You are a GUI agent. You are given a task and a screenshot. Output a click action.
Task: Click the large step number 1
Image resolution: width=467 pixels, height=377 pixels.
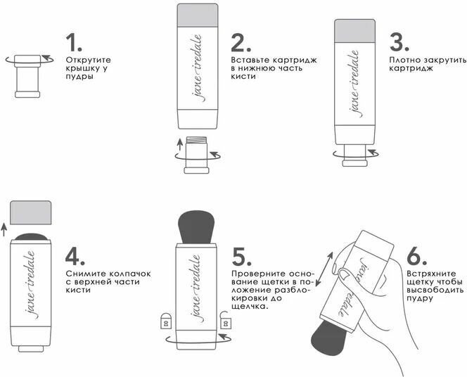(x=73, y=42)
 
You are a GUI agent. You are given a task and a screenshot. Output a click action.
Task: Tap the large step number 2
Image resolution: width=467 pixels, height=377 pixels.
(x=241, y=42)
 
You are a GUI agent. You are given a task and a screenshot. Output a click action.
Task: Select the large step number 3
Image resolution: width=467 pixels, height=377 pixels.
(x=399, y=42)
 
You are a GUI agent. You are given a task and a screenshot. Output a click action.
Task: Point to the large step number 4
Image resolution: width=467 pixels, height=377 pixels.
(x=75, y=256)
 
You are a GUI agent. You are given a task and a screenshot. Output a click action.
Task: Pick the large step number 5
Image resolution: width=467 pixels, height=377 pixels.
(x=241, y=256)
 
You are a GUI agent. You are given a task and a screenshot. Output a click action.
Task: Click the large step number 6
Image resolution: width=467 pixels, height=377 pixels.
(x=416, y=256)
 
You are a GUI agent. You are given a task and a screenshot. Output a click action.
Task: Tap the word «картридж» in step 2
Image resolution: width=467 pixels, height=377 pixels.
(x=295, y=60)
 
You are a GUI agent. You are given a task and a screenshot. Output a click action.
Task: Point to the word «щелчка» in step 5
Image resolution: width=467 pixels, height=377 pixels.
(x=249, y=307)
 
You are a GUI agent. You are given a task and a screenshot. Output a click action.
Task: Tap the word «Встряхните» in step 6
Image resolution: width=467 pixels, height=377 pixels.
(x=431, y=274)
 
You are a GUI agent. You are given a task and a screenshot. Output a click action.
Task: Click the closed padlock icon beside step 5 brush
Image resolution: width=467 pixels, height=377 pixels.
(x=166, y=321)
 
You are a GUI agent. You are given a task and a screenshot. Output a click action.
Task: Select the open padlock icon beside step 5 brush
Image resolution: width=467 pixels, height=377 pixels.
(x=226, y=320)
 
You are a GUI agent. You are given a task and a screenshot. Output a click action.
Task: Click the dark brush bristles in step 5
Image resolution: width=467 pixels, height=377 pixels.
(x=196, y=227)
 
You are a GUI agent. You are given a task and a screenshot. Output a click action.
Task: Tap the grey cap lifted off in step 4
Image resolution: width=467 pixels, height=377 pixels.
(x=31, y=212)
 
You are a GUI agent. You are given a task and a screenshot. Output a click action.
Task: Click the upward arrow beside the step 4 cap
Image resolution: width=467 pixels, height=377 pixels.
(x=4, y=230)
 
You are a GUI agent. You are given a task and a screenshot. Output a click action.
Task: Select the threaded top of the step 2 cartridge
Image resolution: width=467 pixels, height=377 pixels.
(x=196, y=140)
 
